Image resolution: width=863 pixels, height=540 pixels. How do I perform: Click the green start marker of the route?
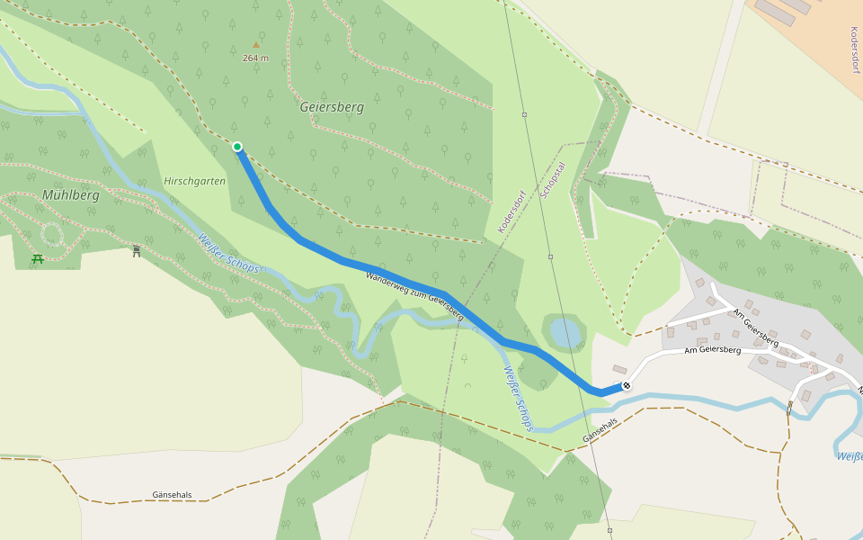pyautogui.click(x=237, y=147)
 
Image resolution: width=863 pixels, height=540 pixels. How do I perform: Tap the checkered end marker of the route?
pyautogui.click(x=626, y=386)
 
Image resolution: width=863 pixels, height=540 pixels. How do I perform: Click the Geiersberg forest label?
pyautogui.click(x=332, y=107)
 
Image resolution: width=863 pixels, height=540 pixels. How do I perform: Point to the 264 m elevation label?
pyautogui.click(x=255, y=58)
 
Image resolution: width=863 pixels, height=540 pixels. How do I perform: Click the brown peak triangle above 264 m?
pyautogui.click(x=255, y=44)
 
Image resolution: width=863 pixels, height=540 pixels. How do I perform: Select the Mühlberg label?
pyautogui.click(x=70, y=195)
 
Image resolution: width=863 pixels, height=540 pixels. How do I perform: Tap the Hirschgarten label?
pyautogui.click(x=194, y=181)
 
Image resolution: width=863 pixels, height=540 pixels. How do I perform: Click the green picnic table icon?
pyautogui.click(x=38, y=259)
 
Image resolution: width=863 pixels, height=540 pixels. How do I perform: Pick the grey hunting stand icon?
pyautogui.click(x=137, y=251)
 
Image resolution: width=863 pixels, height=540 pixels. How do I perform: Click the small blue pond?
pyautogui.click(x=565, y=333)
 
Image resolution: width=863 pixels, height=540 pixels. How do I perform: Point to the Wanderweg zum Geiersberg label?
pyautogui.click(x=414, y=296)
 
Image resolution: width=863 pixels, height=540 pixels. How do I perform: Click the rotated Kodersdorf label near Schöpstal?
pyautogui.click(x=511, y=212)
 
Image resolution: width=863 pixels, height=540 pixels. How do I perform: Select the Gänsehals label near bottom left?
pyautogui.click(x=172, y=495)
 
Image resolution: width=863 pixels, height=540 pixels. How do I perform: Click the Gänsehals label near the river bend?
pyautogui.click(x=601, y=430)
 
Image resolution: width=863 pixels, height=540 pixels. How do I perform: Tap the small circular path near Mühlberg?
pyautogui.click(x=52, y=235)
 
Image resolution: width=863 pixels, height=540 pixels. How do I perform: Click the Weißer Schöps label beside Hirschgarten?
pyautogui.click(x=228, y=253)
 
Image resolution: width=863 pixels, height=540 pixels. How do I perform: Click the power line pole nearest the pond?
pyautogui.click(x=550, y=256)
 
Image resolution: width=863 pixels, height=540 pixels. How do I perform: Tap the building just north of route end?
pyautogui.click(x=620, y=369)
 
